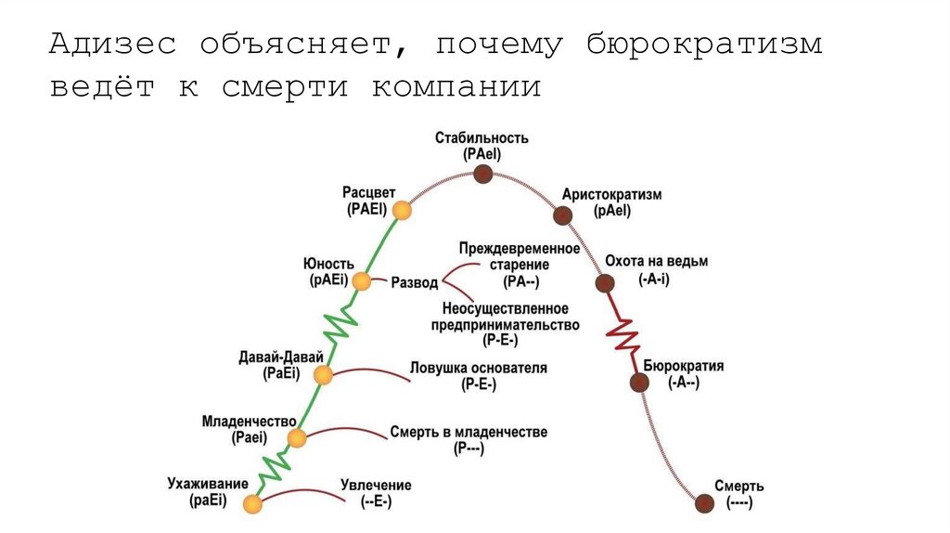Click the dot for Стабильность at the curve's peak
coord(481,174)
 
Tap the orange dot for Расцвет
coord(401,211)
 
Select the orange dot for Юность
coord(362,281)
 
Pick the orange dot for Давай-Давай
coord(323,375)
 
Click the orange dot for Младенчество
coord(297,438)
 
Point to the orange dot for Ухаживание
coord(252,504)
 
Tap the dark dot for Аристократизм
coord(562,216)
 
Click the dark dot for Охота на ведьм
coord(605,283)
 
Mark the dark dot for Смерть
coord(705,503)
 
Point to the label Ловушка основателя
coord(479,368)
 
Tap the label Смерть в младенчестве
coord(469,432)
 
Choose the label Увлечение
coord(376,486)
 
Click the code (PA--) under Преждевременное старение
coord(520,280)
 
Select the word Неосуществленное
coord(506,308)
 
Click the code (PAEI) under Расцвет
coord(367,209)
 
